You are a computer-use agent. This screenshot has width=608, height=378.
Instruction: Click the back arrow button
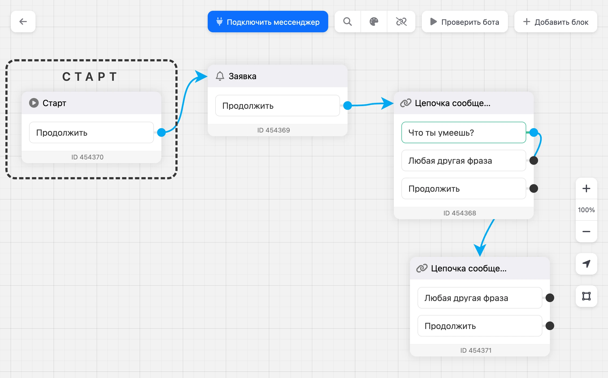23,22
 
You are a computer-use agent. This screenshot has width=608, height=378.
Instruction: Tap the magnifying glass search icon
348,22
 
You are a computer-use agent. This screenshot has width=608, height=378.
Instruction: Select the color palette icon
374,22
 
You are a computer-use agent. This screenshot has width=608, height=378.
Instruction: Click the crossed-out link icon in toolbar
401,22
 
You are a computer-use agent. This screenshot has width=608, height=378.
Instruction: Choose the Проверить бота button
465,22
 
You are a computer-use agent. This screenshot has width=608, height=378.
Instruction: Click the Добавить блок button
556,22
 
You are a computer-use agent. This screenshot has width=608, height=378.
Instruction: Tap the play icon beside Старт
34,103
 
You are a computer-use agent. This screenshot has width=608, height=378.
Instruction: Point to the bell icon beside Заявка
220,76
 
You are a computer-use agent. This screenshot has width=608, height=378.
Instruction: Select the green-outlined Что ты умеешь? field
464,132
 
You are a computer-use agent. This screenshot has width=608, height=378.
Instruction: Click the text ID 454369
274,130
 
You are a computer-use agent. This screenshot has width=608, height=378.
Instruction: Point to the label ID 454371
476,351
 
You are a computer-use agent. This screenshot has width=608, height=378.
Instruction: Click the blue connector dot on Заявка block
348,106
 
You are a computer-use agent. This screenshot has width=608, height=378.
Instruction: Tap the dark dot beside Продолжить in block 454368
534,188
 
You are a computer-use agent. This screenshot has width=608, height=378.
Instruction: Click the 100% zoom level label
586,210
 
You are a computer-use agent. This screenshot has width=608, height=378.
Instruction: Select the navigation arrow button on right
586,264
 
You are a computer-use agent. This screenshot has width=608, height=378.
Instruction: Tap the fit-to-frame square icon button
586,296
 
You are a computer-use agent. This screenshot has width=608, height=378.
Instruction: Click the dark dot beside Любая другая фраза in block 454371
550,298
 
